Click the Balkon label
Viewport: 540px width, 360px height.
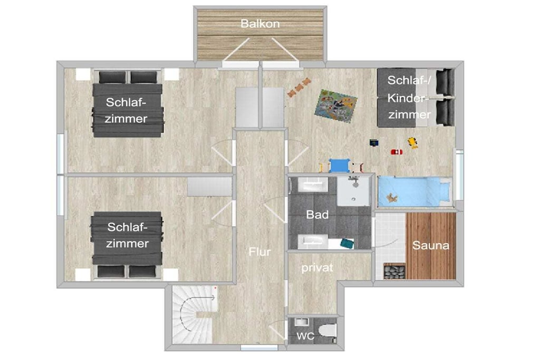(x=260, y=24)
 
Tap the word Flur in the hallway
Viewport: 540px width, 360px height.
(x=259, y=251)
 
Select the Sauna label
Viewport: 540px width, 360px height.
(x=431, y=246)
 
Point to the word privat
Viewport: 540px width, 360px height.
(x=317, y=267)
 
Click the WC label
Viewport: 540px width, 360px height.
(x=305, y=336)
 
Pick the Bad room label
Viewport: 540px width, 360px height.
(x=317, y=215)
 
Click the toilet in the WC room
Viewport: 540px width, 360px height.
(x=327, y=330)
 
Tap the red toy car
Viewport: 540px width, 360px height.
(x=397, y=151)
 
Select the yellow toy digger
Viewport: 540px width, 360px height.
(x=413, y=142)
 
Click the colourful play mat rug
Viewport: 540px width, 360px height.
(x=336, y=105)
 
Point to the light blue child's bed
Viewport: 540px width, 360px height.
(x=414, y=192)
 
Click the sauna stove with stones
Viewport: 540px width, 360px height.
(x=394, y=271)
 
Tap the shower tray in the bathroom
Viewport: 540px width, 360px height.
(x=353, y=191)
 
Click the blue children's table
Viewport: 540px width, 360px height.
(x=339, y=166)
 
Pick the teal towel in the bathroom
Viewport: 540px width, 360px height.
(x=347, y=244)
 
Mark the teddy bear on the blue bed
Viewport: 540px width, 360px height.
(x=392, y=198)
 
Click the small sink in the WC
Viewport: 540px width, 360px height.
(x=302, y=323)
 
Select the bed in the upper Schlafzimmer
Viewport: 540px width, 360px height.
(x=128, y=104)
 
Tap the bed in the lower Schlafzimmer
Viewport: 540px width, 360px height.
(x=127, y=245)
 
